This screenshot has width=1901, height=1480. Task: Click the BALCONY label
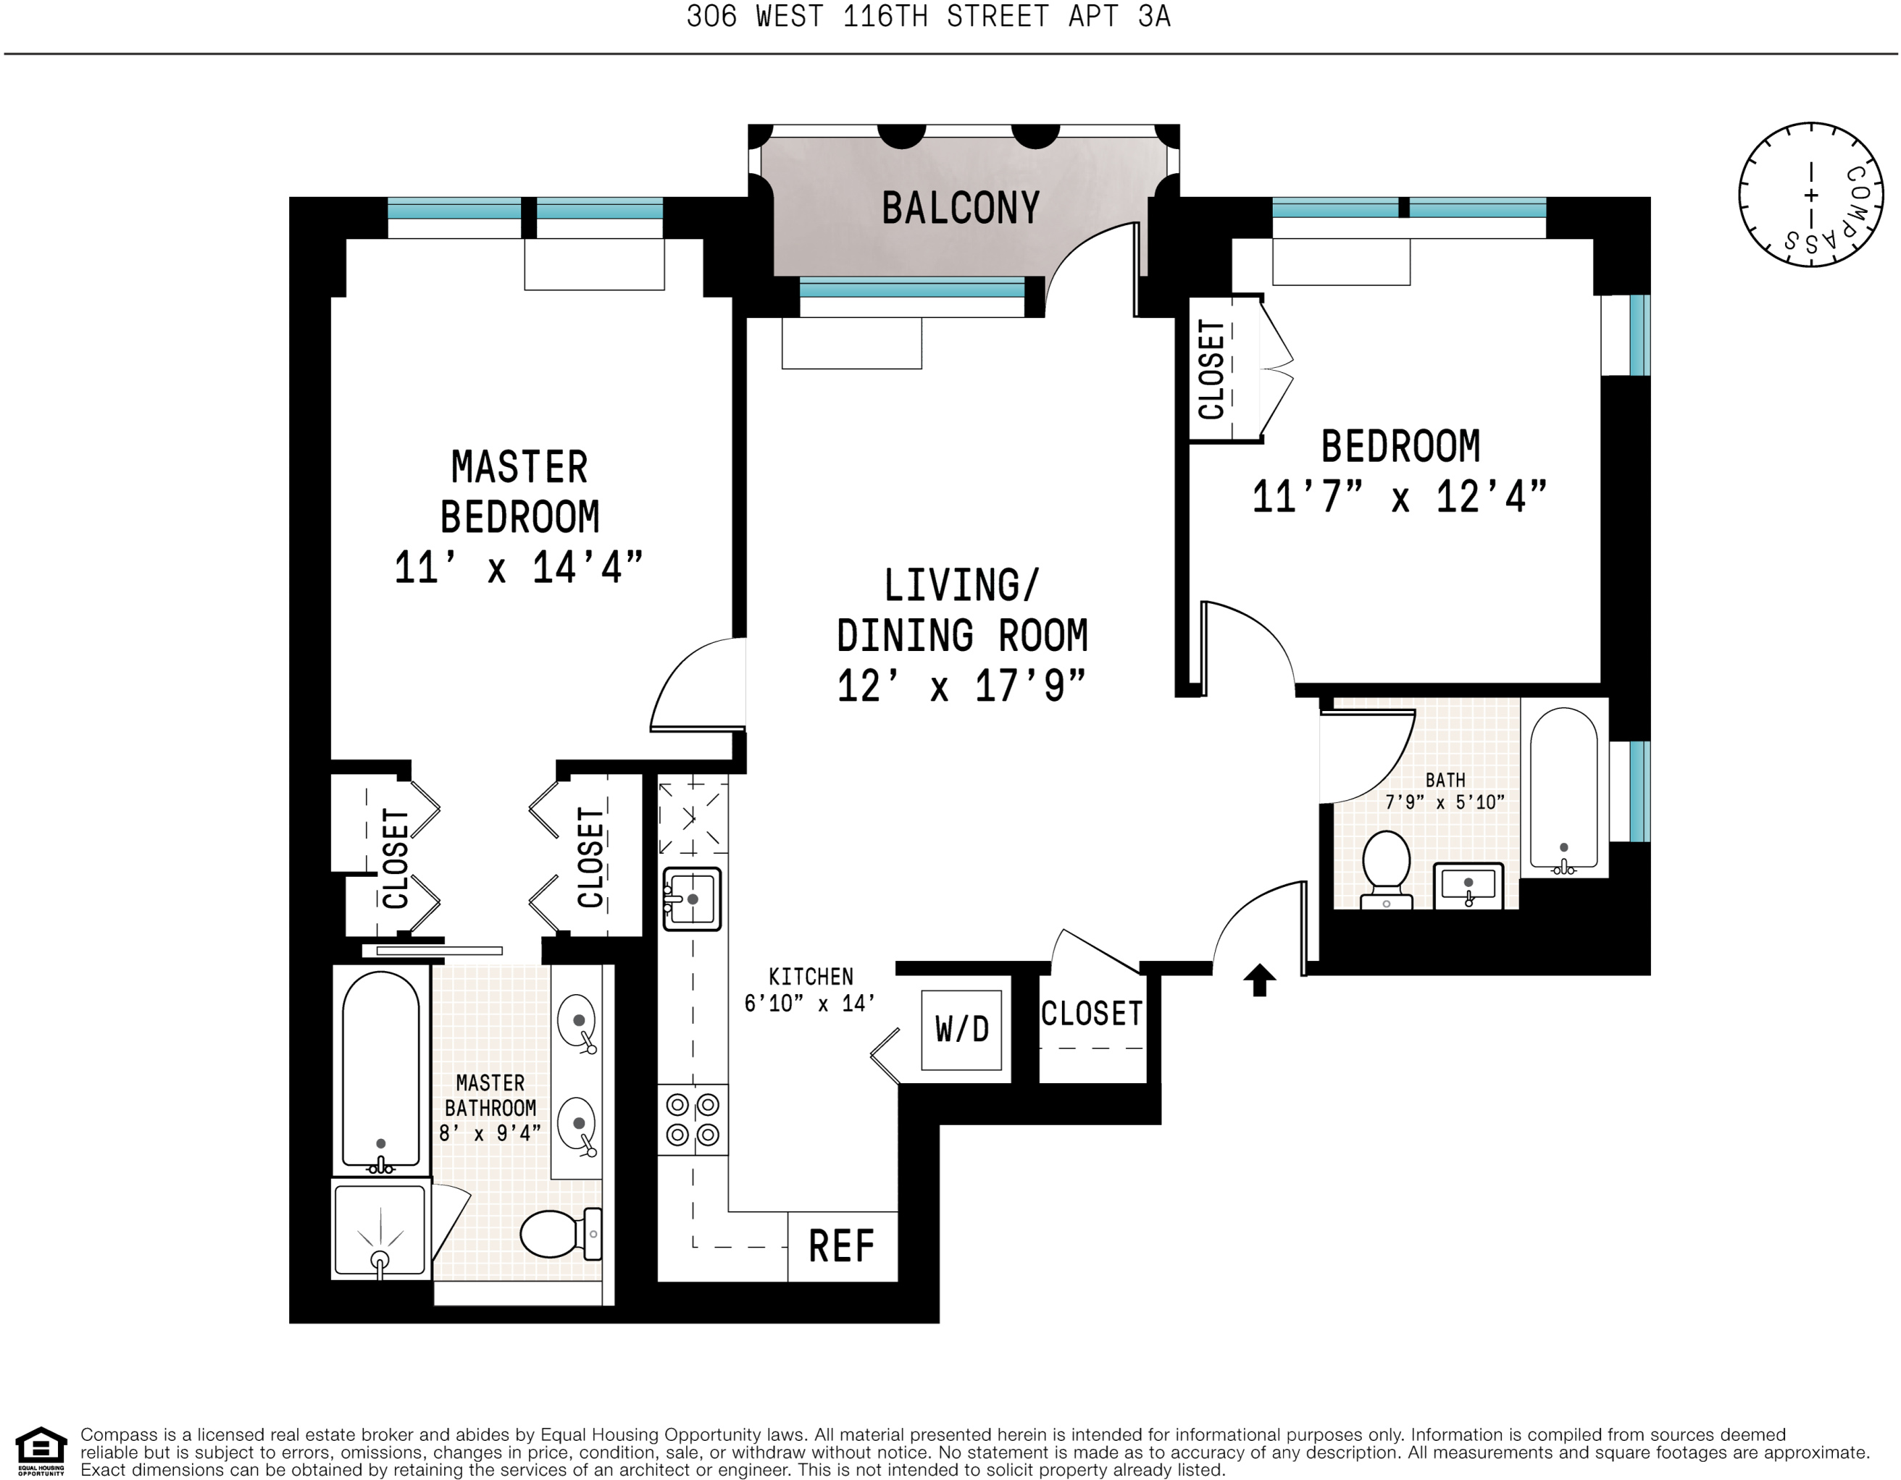click(960, 208)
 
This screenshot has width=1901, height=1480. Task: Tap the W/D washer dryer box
click(962, 1030)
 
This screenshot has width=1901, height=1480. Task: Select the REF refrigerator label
click(841, 1246)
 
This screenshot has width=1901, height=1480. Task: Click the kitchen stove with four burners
click(692, 1120)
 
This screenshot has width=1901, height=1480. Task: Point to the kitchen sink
click(692, 899)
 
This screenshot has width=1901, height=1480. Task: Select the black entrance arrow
click(1258, 980)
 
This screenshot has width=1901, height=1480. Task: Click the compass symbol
click(1811, 195)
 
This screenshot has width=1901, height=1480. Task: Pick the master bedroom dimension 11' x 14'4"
click(518, 567)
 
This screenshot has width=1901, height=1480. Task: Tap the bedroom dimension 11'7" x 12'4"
click(1399, 497)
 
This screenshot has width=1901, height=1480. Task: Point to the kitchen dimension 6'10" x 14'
click(809, 1003)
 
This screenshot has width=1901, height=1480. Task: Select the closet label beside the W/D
click(1092, 1014)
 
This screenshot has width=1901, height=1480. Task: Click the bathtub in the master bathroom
click(380, 1070)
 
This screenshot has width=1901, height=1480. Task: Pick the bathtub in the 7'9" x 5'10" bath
click(1563, 787)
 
